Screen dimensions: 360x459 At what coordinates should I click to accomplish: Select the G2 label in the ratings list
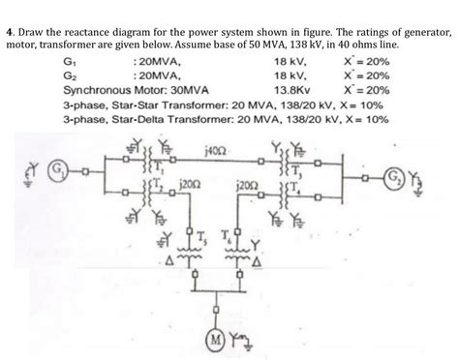(69, 75)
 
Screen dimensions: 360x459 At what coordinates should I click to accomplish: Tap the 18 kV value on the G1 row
(291, 60)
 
